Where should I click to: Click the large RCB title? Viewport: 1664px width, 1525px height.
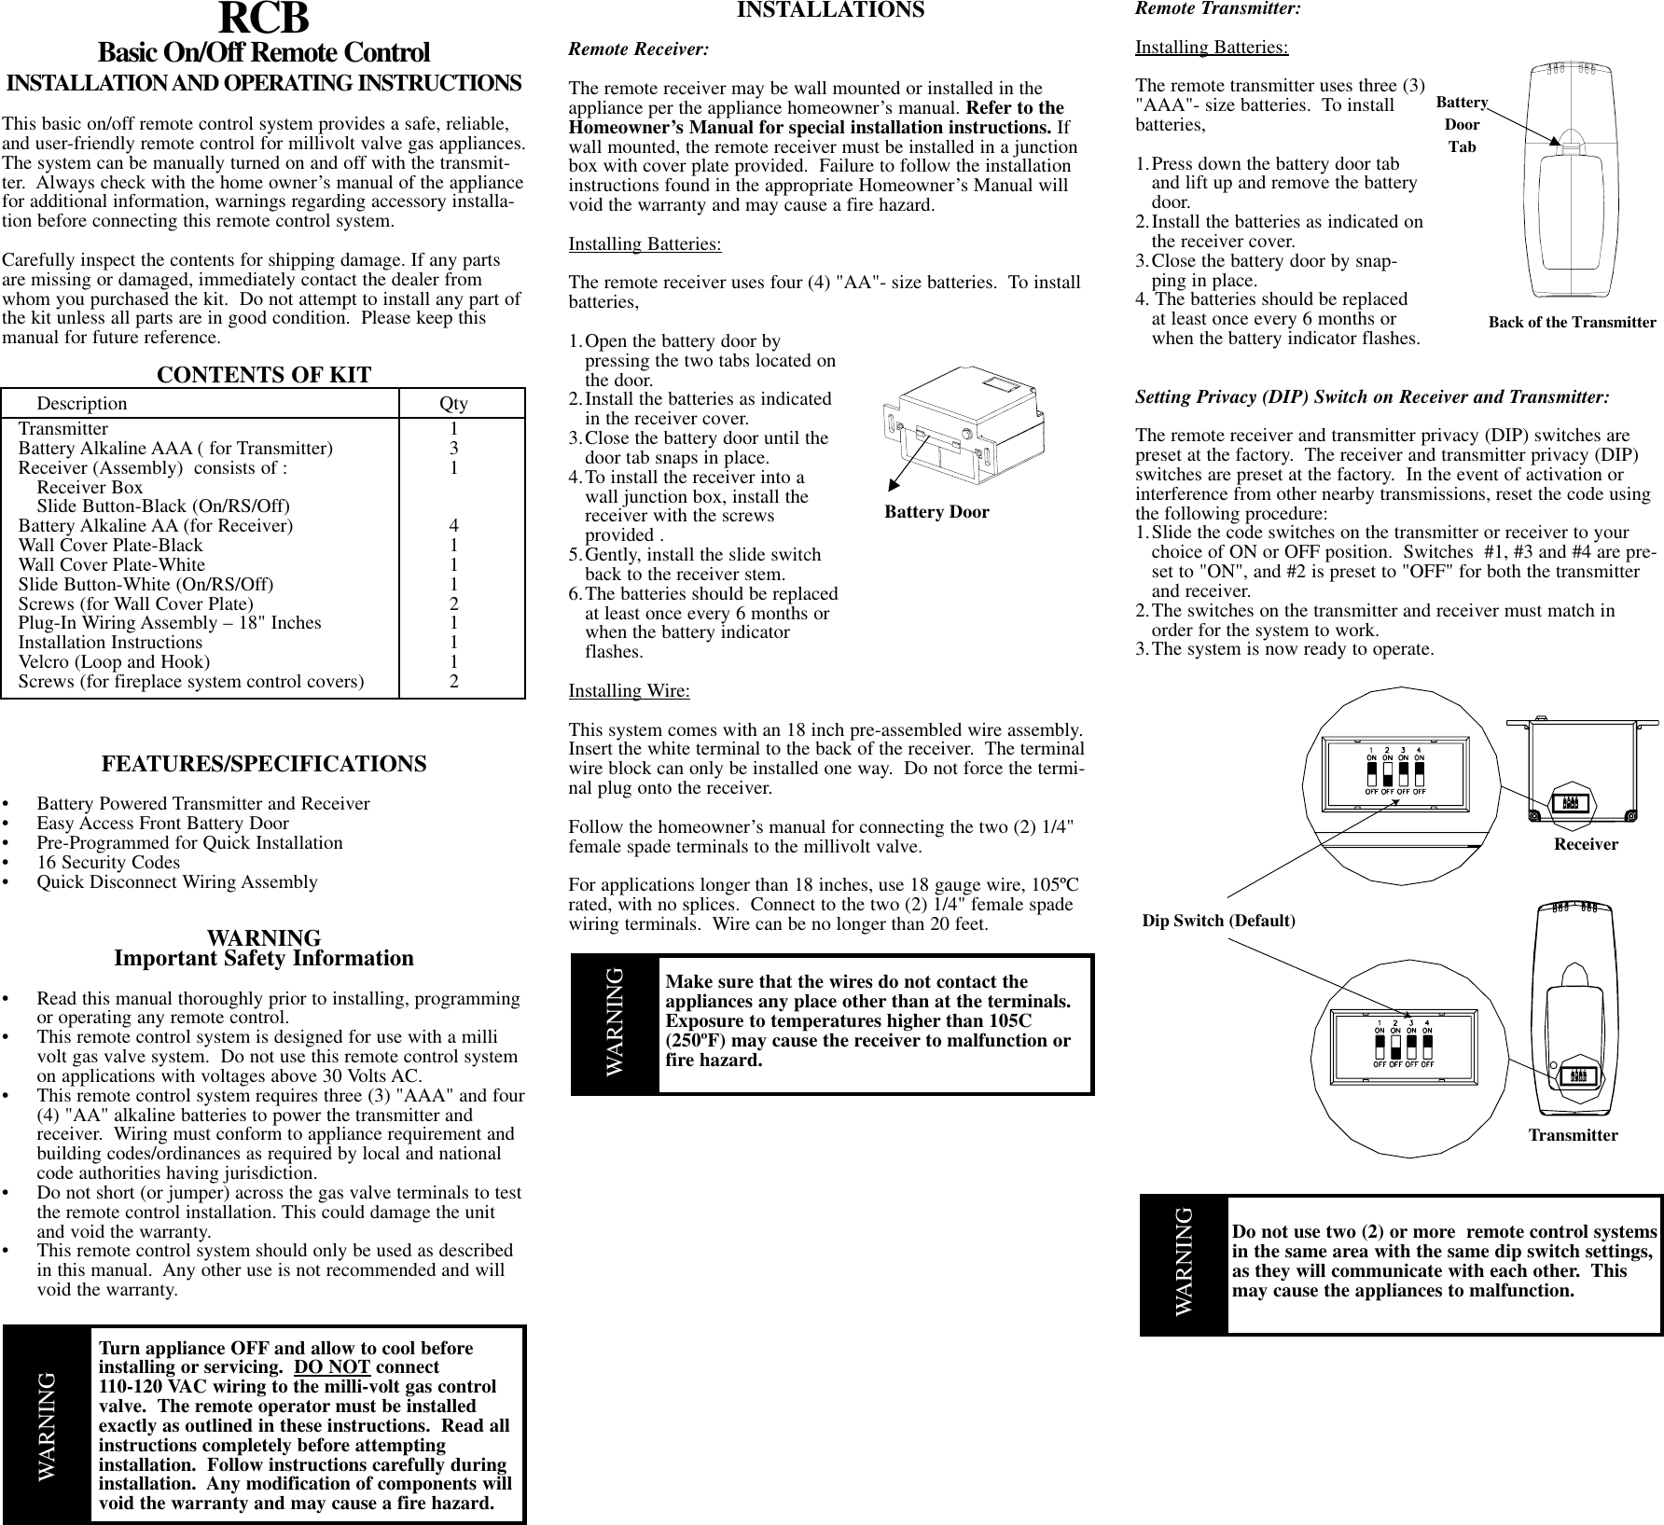click(x=263, y=19)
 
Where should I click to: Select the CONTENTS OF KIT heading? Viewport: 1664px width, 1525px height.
click(x=263, y=375)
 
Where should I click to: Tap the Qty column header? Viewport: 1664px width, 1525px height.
click(x=454, y=404)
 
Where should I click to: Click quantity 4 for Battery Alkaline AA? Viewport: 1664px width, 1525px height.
click(x=453, y=526)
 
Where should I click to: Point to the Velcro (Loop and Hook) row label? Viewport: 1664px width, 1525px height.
click(x=114, y=662)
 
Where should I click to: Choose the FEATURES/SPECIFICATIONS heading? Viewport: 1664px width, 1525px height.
click(x=263, y=764)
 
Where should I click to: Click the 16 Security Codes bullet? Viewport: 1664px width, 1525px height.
click(x=108, y=863)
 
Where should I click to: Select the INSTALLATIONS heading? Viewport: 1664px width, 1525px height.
click(x=830, y=10)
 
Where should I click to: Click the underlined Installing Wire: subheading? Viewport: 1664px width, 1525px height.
click(x=630, y=691)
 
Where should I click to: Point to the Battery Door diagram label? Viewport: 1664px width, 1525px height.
click(x=936, y=512)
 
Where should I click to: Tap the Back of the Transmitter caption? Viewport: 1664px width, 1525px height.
click(x=1572, y=323)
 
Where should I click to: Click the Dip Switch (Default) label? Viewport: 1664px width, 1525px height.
click(x=1218, y=922)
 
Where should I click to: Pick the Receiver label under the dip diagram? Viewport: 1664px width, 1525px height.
click(x=1586, y=844)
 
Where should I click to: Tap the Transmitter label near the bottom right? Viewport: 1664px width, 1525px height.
click(x=1573, y=1136)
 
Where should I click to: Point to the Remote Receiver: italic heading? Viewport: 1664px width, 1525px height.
click(x=638, y=49)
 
